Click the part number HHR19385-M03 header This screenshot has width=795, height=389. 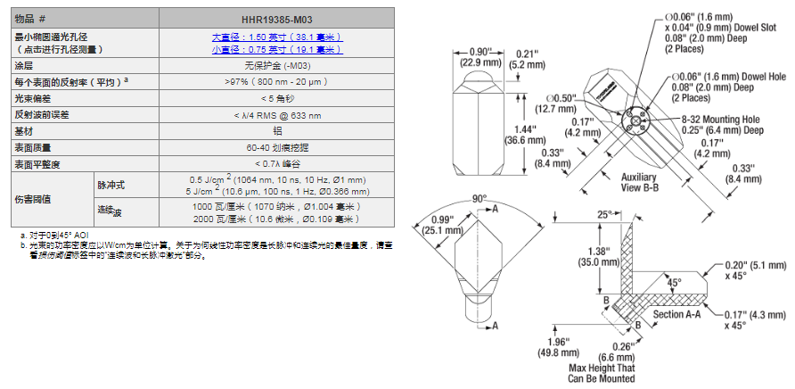(276, 19)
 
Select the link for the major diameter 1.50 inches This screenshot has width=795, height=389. (276, 37)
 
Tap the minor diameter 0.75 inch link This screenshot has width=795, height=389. (276, 50)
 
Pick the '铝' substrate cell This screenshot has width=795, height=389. (276, 130)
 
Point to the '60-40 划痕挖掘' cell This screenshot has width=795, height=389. (276, 147)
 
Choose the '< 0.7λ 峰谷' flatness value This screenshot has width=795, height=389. (276, 164)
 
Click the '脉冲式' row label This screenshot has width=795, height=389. (111, 185)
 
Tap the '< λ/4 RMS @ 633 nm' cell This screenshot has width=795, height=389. (276, 113)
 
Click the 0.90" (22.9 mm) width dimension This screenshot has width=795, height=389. (480, 57)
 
